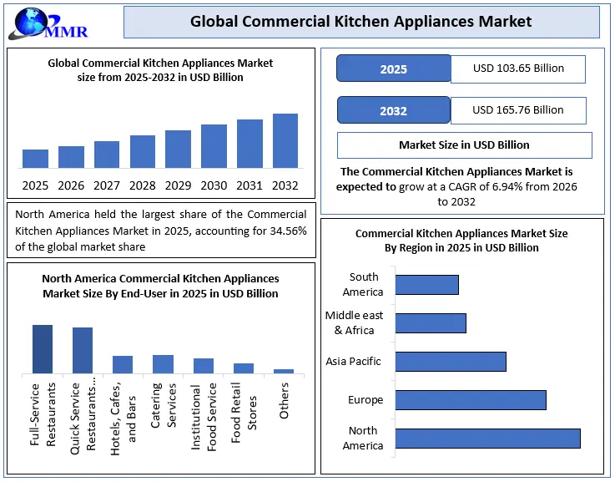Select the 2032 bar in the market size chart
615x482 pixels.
click(285, 141)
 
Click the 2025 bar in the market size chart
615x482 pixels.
click(35, 159)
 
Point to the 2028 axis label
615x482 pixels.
click(143, 185)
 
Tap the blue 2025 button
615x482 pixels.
click(393, 68)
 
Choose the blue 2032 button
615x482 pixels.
click(393, 110)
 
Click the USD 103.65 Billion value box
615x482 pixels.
click(517, 68)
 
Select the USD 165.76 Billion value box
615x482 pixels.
click(517, 110)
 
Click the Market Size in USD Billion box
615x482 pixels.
click(464, 145)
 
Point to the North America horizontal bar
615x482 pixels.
click(487, 439)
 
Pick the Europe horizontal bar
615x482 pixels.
click(471, 399)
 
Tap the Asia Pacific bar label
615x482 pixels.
click(353, 362)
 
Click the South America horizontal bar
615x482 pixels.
click(426, 284)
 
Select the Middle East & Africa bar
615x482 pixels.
click(431, 323)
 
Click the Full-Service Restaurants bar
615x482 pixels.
click(43, 348)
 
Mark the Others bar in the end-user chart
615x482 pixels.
click(284, 371)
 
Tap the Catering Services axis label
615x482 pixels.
click(164, 406)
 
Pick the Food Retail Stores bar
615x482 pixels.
click(244, 368)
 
